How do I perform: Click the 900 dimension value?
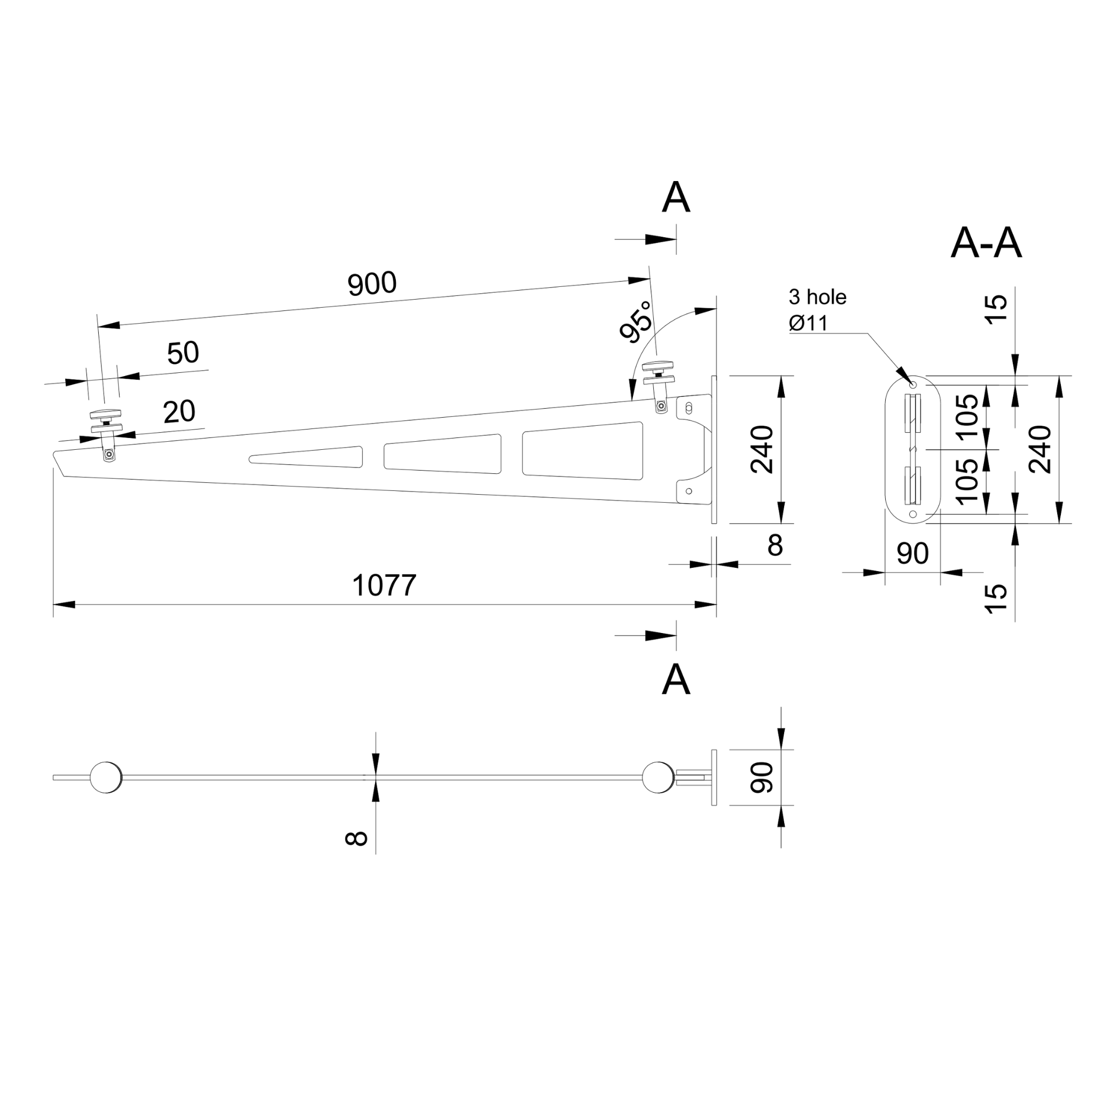(371, 284)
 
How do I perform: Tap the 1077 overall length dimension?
(384, 585)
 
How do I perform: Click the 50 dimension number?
(183, 353)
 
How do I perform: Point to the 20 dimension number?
(179, 412)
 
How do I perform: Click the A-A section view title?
(986, 244)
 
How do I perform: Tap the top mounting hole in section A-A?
(912, 385)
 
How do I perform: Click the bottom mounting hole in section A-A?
(912, 514)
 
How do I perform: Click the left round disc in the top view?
(106, 777)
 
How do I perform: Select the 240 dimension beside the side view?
(762, 449)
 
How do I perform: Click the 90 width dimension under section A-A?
(912, 554)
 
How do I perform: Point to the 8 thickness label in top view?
(356, 838)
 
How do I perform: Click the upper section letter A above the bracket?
(676, 198)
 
